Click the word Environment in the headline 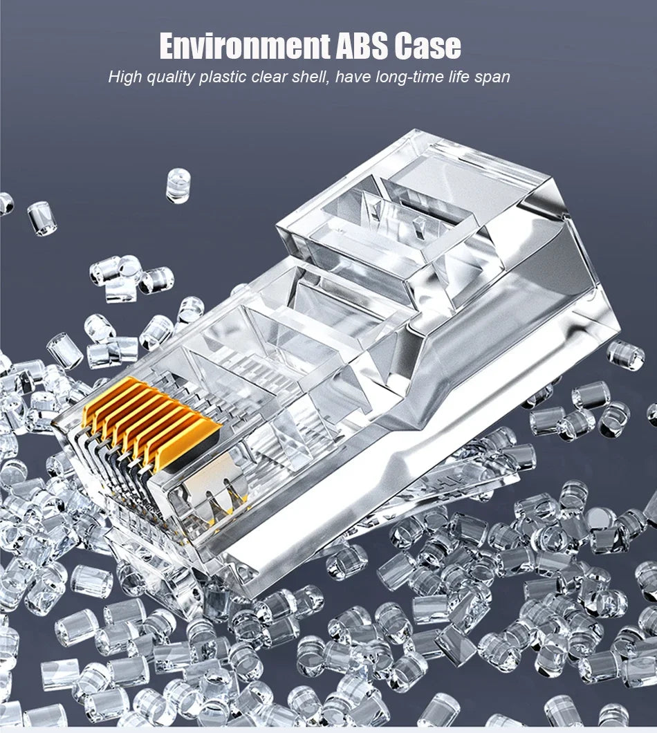(x=245, y=46)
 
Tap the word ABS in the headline (x=362, y=46)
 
